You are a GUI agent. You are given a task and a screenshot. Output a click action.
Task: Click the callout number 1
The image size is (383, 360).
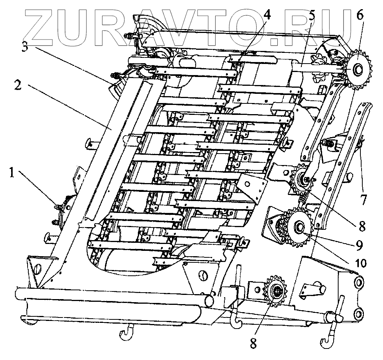coord(13,173)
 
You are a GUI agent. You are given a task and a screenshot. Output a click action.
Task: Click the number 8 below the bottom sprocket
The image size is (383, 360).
coord(253,344)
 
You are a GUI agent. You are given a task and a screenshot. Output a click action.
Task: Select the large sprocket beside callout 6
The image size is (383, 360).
coord(358,69)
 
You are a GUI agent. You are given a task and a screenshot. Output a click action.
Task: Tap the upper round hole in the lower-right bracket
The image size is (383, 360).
coord(359,283)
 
